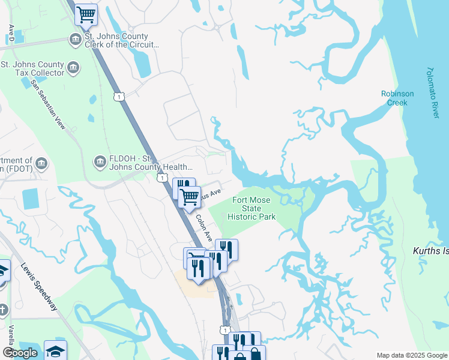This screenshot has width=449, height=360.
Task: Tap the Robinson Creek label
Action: tap(397, 98)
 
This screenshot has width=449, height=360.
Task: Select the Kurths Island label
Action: tap(431, 251)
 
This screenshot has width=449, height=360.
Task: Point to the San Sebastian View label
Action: tap(47, 105)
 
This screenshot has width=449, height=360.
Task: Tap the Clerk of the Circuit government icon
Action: tap(75, 40)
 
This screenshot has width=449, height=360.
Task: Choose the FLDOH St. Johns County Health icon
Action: tap(100, 161)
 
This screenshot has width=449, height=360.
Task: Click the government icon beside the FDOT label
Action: tap(41, 163)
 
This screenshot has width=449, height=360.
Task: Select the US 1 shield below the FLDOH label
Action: tap(161, 178)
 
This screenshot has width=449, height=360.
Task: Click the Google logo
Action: tap(20, 353)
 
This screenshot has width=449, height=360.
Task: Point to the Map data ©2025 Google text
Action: tap(411, 355)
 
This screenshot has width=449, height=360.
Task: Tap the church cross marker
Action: tap(3, 310)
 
